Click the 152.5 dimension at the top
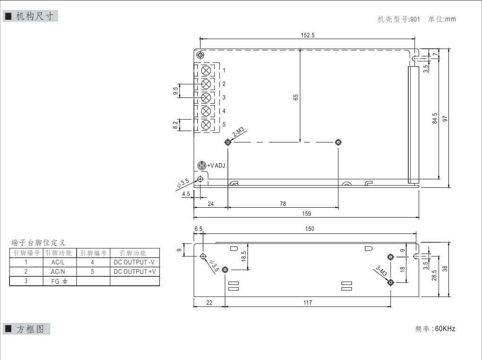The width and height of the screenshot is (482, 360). coord(308,35)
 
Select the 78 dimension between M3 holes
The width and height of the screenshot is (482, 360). coord(283,204)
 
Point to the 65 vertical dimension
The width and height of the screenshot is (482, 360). coord(296,97)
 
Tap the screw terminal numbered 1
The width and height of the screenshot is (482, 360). coord(206,70)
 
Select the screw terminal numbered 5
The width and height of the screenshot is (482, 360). coord(206,125)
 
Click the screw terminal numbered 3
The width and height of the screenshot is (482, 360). coord(206,98)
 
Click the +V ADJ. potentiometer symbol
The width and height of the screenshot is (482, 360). coord(202,166)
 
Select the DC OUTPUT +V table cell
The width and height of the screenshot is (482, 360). coord(135,272)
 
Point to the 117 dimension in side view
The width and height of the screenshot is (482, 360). coord(307,303)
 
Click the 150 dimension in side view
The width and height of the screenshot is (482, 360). coord(310,229)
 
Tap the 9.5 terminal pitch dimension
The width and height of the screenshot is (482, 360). coord(176,91)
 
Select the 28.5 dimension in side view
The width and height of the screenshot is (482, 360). coord(435,275)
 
